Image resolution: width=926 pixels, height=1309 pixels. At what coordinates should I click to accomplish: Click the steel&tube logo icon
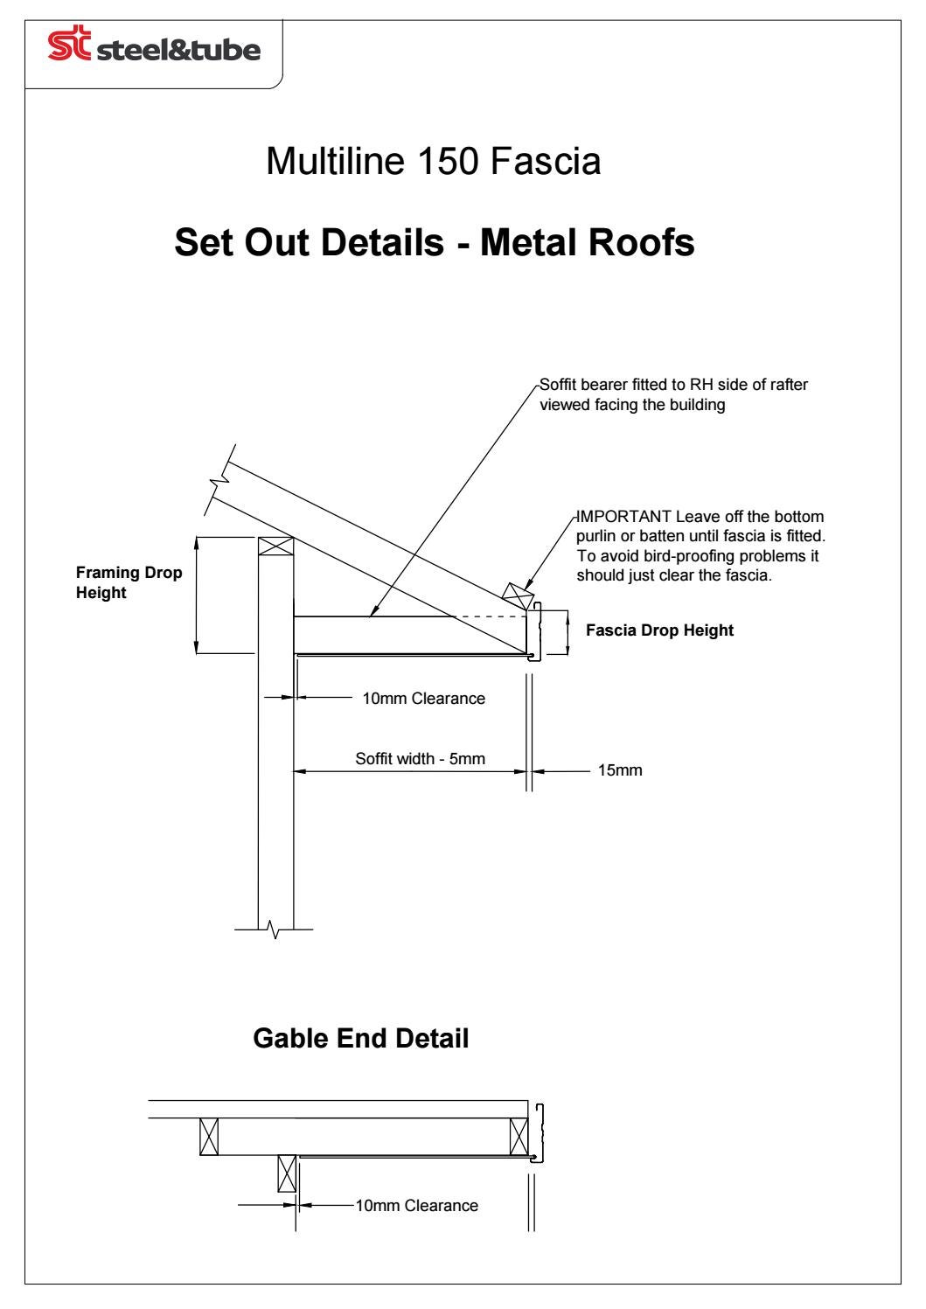72,49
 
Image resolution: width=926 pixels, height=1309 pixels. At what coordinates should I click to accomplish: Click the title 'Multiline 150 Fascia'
433,162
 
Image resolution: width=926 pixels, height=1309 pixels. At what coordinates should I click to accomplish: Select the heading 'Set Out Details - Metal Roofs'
435,243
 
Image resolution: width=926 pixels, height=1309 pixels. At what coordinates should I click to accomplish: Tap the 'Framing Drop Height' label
129,583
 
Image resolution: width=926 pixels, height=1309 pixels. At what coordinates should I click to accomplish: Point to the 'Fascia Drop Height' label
659,630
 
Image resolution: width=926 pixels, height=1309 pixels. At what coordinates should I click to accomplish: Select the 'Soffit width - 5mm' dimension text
420,759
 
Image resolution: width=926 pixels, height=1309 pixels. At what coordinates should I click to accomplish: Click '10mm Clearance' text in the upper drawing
423,699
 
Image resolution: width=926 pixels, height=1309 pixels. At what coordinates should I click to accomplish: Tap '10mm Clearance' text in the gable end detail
416,1207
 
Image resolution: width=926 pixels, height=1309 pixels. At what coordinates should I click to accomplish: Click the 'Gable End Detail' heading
360,1039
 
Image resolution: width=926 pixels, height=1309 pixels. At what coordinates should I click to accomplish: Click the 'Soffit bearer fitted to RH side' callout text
673,386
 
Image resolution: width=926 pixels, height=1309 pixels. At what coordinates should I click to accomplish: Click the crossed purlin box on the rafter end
518,597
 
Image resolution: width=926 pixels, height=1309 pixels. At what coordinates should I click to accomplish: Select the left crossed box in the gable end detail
208,1137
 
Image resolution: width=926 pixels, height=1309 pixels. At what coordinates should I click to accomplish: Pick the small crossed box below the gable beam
286,1173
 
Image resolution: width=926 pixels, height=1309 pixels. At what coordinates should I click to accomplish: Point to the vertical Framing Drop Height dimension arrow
198,595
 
